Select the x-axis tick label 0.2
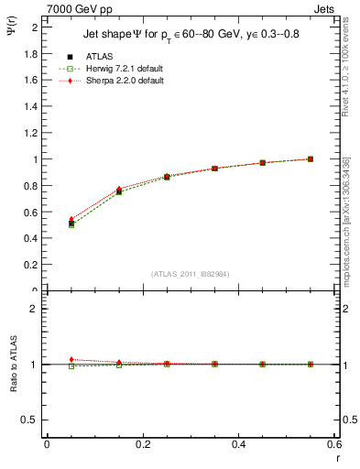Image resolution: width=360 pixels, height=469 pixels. (x=142, y=443)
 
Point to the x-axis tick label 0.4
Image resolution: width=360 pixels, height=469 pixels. (x=238, y=443)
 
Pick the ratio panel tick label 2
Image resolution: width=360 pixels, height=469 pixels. (x=35, y=309)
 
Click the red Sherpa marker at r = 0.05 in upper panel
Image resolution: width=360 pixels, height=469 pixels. (x=71, y=219)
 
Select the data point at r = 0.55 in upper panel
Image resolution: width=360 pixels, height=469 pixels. (x=311, y=158)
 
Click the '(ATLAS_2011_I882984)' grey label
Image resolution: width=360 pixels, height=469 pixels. (x=190, y=274)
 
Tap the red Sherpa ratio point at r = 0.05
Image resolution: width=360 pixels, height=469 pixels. (x=71, y=359)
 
